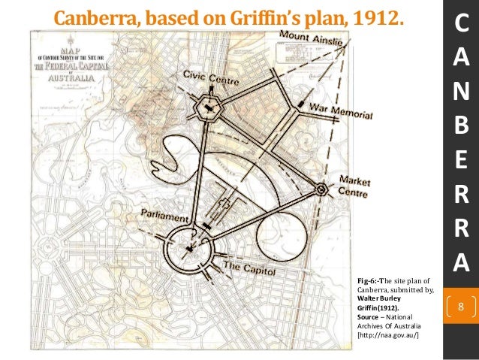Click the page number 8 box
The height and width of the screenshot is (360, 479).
coord(461,307)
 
